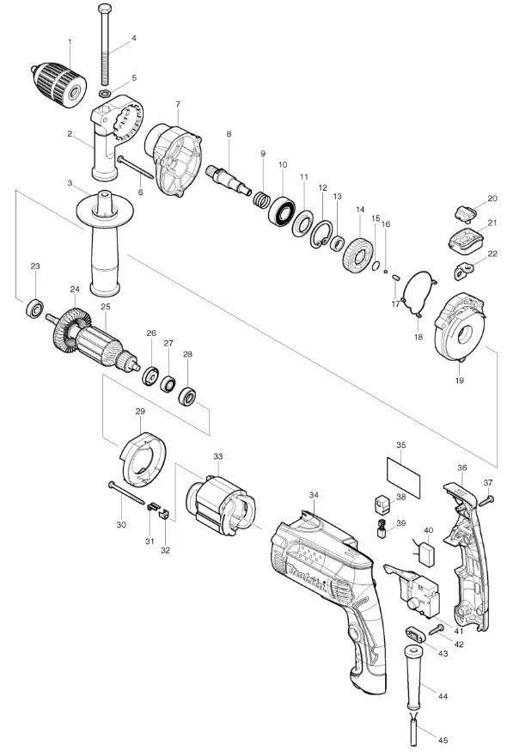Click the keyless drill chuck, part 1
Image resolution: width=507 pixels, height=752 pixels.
pos(59,85)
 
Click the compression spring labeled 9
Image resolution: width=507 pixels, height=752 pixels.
pos(261,199)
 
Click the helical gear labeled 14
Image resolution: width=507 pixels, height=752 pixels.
pos(358,255)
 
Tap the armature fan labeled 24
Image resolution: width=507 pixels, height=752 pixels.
pos(72,330)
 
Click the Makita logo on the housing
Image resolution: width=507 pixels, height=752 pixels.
pos(308,579)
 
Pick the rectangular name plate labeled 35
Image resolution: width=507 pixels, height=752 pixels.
pos(403,478)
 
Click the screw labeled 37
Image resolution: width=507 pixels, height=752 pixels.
pos(486,501)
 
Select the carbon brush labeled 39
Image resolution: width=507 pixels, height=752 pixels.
pos(382,529)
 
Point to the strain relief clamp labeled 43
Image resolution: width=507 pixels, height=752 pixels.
pos(415,635)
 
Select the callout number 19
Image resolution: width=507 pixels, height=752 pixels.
pos(460,381)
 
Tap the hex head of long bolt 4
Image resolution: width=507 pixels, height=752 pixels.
pos(105,8)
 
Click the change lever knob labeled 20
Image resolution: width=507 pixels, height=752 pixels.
pos(464,213)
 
